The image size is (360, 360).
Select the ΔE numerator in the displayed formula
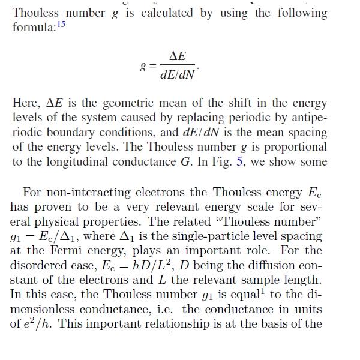tap(178, 56)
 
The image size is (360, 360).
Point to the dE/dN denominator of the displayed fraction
tap(178, 75)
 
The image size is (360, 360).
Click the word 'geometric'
tap(125, 104)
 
